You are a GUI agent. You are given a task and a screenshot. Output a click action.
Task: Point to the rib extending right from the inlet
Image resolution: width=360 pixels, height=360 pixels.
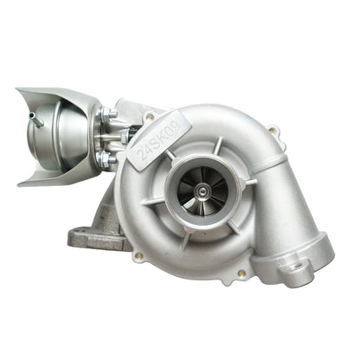(x=250, y=182)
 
